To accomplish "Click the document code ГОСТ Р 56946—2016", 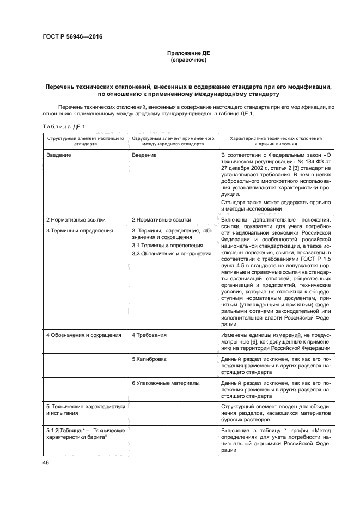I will tap(72, 37).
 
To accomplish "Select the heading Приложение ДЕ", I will tap(188, 53).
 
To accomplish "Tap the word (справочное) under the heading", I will tap(188, 59).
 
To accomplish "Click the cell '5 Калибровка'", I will tap(149, 359).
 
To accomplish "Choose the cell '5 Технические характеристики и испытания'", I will tap(85, 410).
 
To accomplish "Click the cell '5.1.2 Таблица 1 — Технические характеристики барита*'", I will tap(85, 434).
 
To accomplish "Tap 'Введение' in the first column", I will tap(59, 155).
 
